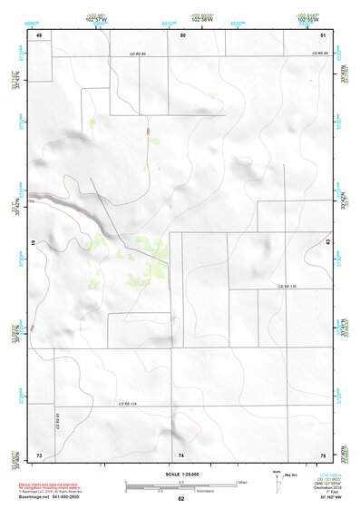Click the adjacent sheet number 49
(39, 34)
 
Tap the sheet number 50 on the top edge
(183, 34)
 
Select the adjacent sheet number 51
(323, 34)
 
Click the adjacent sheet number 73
(39, 453)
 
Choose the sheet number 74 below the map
(180, 453)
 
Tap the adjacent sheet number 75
(322, 453)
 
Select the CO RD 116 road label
(126, 404)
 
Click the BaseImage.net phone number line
(54, 497)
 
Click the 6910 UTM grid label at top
(169, 19)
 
